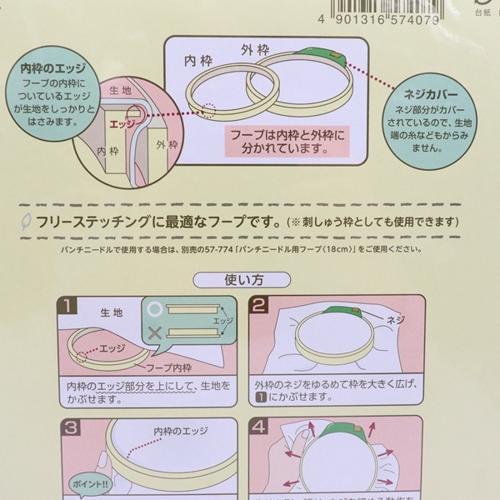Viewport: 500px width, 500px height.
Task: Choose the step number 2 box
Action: [261, 307]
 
